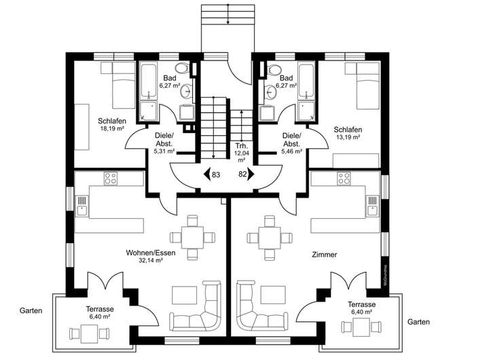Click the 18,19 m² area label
(x=113, y=128)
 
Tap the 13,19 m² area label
(x=347, y=137)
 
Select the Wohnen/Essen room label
(x=151, y=253)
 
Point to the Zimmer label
(x=324, y=255)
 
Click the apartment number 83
(x=216, y=175)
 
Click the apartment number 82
(x=242, y=175)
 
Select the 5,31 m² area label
(x=164, y=151)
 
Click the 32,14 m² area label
(x=151, y=261)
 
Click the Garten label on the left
(x=31, y=310)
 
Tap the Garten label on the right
(x=418, y=321)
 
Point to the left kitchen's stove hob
(x=110, y=179)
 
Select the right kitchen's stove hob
(x=344, y=179)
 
